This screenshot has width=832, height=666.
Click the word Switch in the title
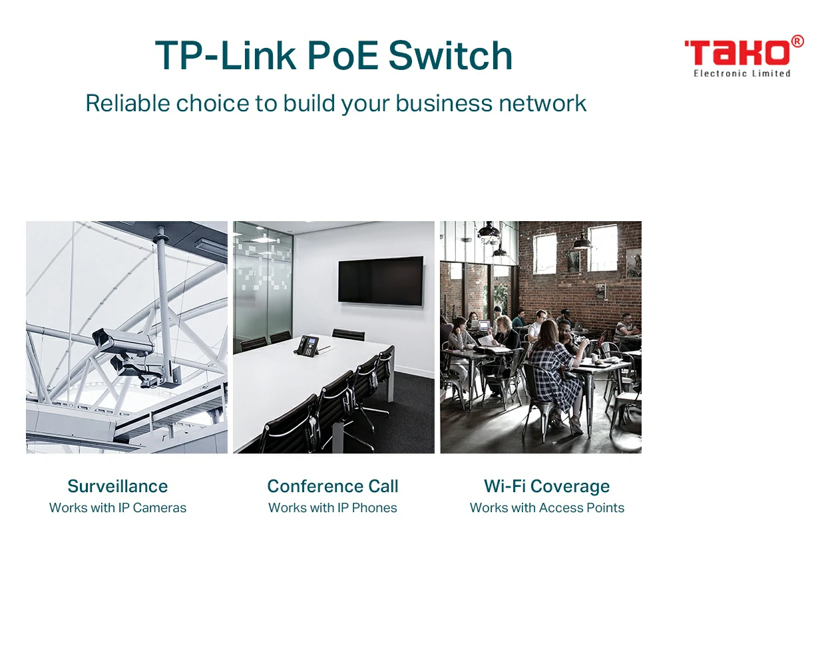coord(451,55)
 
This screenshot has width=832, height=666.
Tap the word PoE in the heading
coord(343,55)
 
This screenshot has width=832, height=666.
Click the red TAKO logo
coord(737,53)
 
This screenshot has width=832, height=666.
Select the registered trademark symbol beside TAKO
coord(797,41)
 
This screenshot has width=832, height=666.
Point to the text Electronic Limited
coord(742,73)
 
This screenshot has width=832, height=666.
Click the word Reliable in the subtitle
coord(128,103)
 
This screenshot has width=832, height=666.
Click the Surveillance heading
coord(118,486)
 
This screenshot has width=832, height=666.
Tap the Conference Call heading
coord(333,486)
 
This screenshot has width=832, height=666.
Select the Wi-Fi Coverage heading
coord(546,487)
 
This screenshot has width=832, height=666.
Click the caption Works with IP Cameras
coord(118,507)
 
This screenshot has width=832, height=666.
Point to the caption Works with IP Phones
coord(333,507)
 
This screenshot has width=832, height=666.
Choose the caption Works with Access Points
coord(546,507)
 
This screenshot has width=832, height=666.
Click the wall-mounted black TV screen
coord(381,280)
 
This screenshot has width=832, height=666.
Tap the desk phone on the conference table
coord(308,345)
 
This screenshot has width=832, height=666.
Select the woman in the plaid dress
coord(556,376)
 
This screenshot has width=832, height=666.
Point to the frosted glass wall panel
coord(263,286)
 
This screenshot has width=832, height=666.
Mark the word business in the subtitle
coord(444,103)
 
